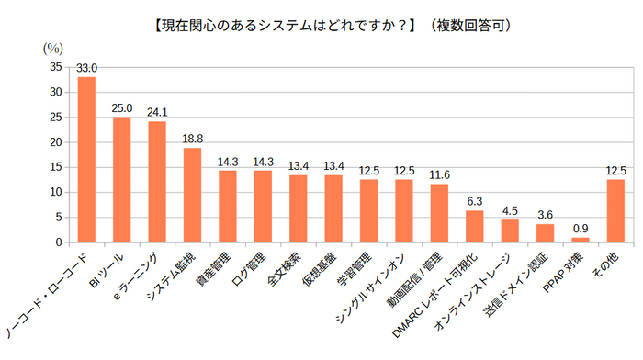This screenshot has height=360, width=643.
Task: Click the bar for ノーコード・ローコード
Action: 86,160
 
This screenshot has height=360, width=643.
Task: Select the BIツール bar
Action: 121,180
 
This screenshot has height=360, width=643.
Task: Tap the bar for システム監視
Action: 192,196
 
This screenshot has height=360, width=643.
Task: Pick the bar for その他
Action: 615,211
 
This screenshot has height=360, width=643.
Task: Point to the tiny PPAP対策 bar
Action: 581,240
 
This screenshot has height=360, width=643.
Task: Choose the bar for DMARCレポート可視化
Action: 475,227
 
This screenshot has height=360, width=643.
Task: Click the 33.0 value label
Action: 86,68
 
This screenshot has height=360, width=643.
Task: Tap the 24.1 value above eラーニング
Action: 157,113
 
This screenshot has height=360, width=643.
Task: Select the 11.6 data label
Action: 439,175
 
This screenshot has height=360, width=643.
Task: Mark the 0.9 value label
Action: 581,229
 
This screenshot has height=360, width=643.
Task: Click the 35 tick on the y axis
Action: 54,67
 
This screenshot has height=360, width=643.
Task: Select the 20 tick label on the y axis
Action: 54,142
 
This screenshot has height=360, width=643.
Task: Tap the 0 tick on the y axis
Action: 58,242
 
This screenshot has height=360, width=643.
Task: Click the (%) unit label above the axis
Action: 54,47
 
